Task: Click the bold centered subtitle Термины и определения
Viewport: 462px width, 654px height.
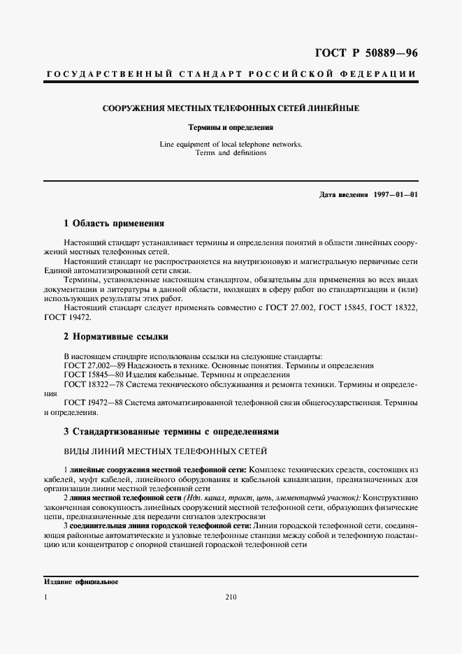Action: coord(231,128)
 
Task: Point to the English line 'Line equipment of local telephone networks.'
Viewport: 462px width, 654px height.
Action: coord(231,144)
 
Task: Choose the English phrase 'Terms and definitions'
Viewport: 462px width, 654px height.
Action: coord(231,152)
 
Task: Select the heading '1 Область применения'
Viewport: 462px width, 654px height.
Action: coord(113,224)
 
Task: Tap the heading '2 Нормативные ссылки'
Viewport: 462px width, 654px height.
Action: coord(115,337)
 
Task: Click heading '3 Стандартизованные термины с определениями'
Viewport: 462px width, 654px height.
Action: coord(171,432)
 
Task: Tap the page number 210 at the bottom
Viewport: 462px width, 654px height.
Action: coord(231,598)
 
